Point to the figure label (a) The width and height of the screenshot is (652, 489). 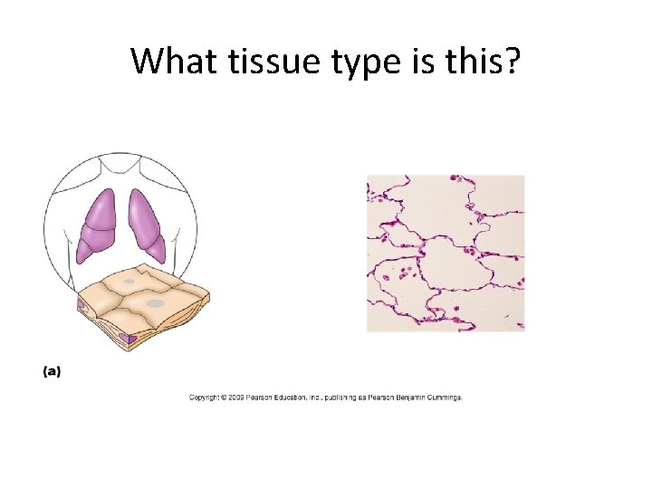[52, 371]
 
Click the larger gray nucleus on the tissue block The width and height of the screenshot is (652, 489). [154, 302]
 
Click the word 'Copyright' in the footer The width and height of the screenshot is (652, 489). [204, 398]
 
